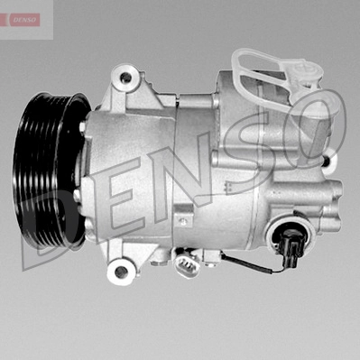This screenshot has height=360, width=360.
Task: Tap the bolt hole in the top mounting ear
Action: pos(125,78)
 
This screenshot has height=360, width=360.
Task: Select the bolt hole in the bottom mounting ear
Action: pos(121,272)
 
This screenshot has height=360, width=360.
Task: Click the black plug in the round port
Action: pos(290,244)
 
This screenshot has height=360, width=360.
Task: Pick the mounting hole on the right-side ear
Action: pos(328,162)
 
